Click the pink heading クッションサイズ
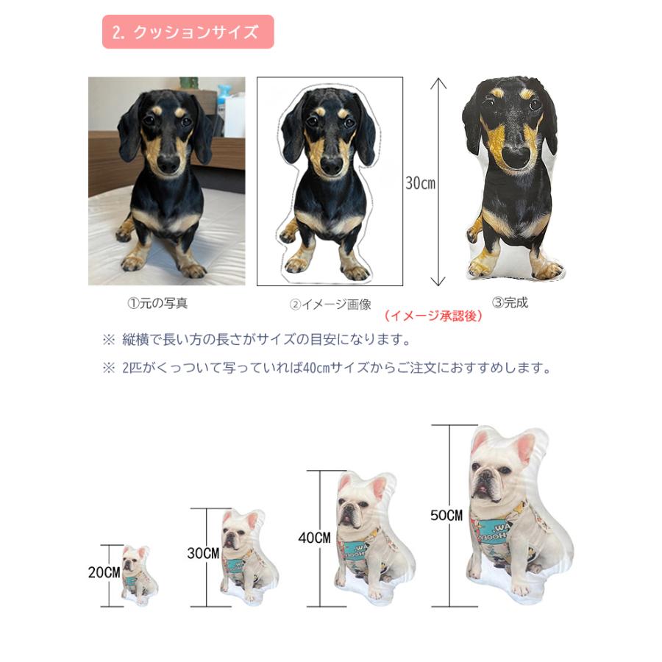[188, 32]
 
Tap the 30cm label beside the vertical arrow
[420, 183]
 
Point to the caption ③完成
[510, 302]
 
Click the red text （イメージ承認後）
[433, 316]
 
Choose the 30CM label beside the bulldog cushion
[204, 552]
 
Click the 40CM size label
[314, 537]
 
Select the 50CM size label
[446, 516]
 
